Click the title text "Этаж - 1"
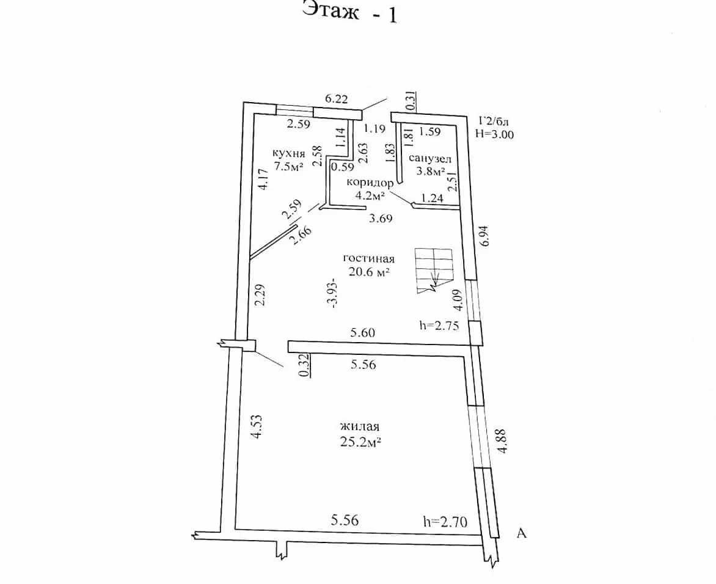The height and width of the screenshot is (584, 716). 349,12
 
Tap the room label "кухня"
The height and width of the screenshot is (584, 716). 288,153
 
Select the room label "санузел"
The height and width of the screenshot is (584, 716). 429,158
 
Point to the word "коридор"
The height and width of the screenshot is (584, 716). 370,183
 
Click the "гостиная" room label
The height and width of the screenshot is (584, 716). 368,258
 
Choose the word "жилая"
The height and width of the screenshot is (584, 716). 360,426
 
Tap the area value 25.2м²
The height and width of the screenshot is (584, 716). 360,442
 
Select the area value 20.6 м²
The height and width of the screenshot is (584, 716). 369,272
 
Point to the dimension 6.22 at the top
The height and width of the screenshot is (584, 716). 336,98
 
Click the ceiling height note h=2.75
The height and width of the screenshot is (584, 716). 439,325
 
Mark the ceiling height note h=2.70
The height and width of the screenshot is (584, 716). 445,521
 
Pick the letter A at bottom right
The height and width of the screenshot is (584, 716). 522,533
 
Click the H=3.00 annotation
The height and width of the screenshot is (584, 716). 494,134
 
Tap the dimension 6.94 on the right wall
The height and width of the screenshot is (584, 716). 485,236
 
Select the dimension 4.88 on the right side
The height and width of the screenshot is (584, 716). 502,441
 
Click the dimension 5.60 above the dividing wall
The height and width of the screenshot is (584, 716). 362,332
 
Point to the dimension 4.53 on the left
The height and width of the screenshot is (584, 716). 258,426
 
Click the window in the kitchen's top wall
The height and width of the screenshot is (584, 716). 295,110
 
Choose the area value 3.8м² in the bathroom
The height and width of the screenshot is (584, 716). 430,172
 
